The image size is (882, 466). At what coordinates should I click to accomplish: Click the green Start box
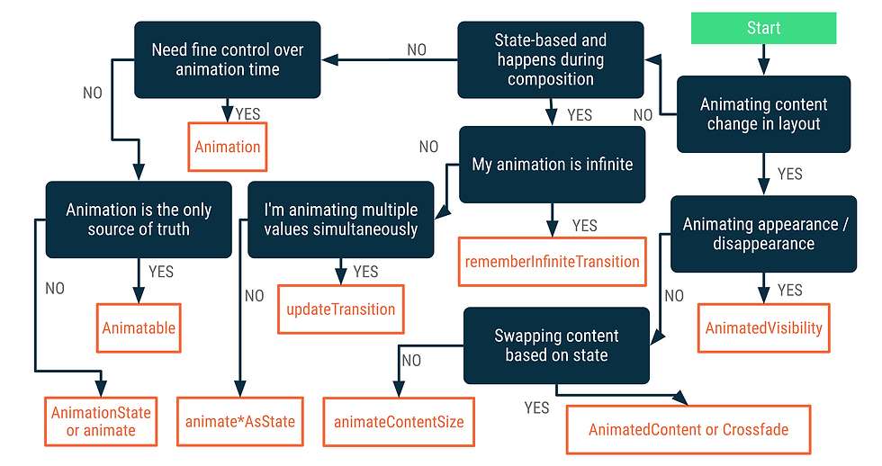[x=763, y=28]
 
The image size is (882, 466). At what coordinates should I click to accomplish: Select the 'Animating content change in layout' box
[x=763, y=114]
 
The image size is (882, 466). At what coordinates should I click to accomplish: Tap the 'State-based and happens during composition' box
[x=551, y=59]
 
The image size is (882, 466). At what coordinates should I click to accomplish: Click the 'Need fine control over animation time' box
[x=227, y=59]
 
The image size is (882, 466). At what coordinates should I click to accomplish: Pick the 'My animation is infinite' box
[x=553, y=164]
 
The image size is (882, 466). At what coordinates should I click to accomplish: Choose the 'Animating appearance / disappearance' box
[x=763, y=234]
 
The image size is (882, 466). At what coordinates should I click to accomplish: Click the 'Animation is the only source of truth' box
[x=139, y=220]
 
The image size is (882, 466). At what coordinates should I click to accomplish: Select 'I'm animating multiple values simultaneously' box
[x=341, y=220]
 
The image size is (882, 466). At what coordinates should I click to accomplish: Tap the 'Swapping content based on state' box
[x=556, y=345]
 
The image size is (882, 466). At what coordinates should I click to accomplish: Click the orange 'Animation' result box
[x=227, y=147]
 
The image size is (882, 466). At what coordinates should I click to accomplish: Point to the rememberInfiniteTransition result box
[x=553, y=262]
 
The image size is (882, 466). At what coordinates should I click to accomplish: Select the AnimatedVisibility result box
[x=764, y=327]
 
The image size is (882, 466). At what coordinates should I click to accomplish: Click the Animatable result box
[x=139, y=327]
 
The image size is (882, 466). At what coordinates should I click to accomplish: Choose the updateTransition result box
[x=341, y=309]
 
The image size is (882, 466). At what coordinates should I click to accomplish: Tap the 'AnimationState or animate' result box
[x=101, y=422]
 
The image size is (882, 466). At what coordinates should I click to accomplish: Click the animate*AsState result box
[x=240, y=422]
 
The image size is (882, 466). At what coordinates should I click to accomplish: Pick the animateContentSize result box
[x=399, y=422]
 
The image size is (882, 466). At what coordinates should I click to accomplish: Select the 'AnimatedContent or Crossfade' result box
[x=688, y=429]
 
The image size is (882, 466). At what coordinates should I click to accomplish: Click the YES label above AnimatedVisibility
[x=790, y=290]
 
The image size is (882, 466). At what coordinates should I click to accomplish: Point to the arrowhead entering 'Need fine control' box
[x=329, y=59]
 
